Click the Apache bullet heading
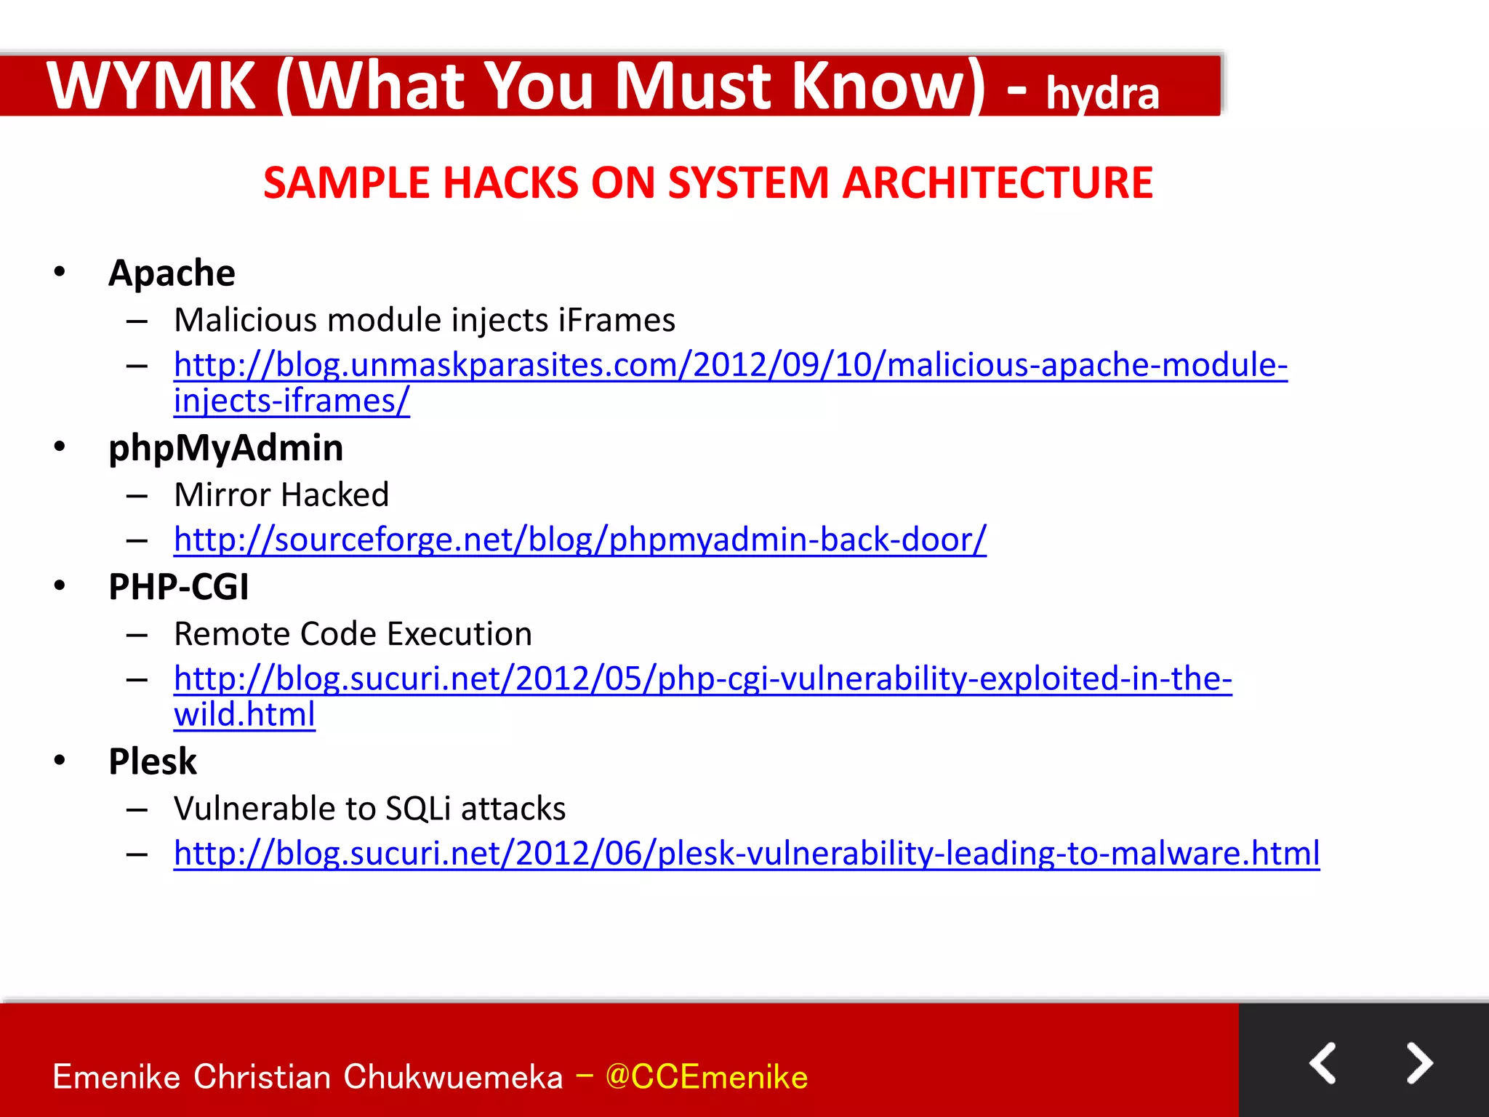(x=172, y=273)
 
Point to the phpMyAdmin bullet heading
(x=225, y=448)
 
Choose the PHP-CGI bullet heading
(x=178, y=587)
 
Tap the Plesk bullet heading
(x=153, y=761)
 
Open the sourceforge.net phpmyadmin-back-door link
(x=579, y=540)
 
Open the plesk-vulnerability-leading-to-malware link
(x=747, y=853)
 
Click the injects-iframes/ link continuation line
(x=292, y=401)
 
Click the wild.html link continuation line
(x=244, y=714)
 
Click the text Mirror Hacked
(x=281, y=495)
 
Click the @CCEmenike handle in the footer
(x=706, y=1077)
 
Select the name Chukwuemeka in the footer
(x=453, y=1077)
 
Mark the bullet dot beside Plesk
(x=60, y=761)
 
